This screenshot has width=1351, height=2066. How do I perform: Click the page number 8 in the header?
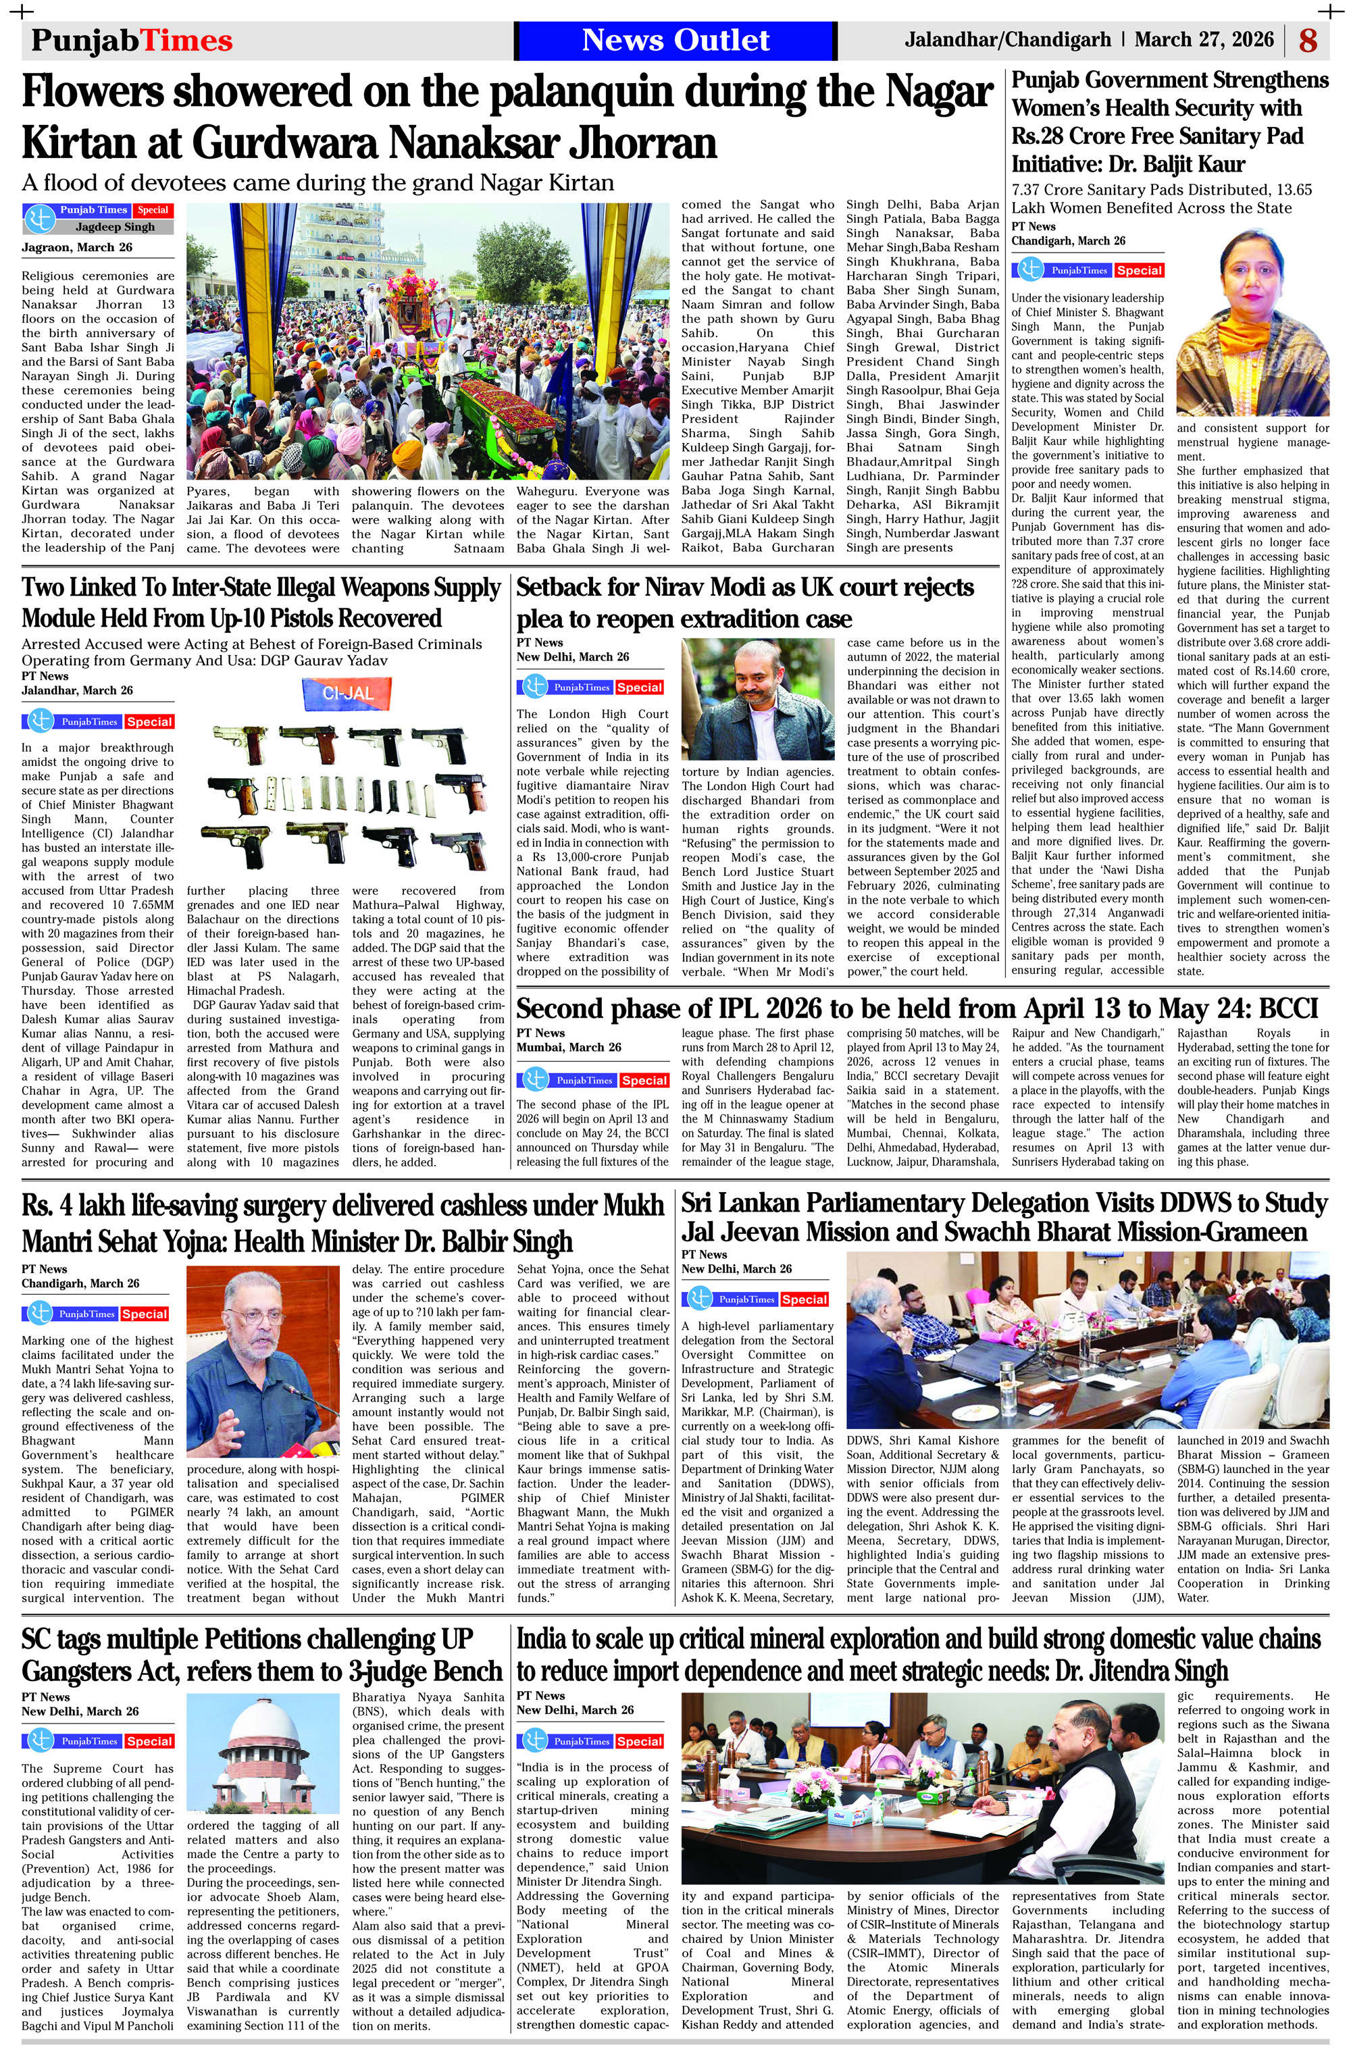point(1308,41)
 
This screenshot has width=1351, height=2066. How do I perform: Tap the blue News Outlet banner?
point(675,41)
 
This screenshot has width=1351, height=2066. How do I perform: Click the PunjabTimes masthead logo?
point(132,41)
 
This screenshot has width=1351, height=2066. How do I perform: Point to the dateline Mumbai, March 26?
point(569,1048)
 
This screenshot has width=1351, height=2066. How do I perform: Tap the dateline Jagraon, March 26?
point(77,247)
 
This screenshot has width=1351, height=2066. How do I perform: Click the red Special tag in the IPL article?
point(644,1081)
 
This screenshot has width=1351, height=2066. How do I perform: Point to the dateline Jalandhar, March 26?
point(77,691)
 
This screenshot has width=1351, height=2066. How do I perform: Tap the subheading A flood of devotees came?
point(317,183)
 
